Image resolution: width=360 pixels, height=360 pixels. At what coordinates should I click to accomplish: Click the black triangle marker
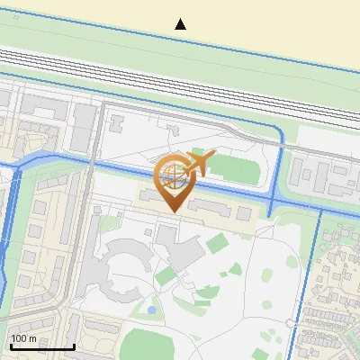click(181, 23)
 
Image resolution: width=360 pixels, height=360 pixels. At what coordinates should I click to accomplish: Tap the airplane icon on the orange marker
click(199, 163)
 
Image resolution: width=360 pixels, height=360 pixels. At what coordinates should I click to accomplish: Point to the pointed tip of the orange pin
click(173, 211)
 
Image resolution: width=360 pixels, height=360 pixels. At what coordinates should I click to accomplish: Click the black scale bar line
click(41, 347)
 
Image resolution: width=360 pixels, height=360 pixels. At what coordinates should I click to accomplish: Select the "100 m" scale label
click(24, 338)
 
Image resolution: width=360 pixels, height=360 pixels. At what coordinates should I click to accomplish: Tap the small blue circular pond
click(151, 310)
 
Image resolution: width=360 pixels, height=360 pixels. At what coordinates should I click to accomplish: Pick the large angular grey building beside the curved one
click(180, 247)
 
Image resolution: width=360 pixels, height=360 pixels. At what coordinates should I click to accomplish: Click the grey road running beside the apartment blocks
click(88, 252)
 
